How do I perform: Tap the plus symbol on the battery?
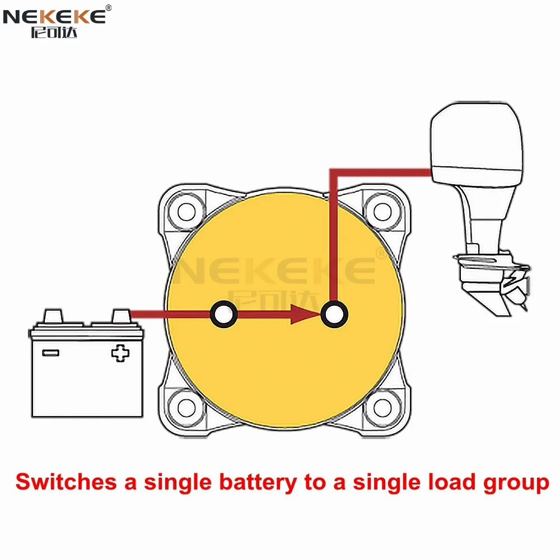119,353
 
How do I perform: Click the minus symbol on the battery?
51,353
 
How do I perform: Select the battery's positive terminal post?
120,316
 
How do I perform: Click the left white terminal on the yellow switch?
223,314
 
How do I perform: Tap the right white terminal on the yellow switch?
334,314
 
